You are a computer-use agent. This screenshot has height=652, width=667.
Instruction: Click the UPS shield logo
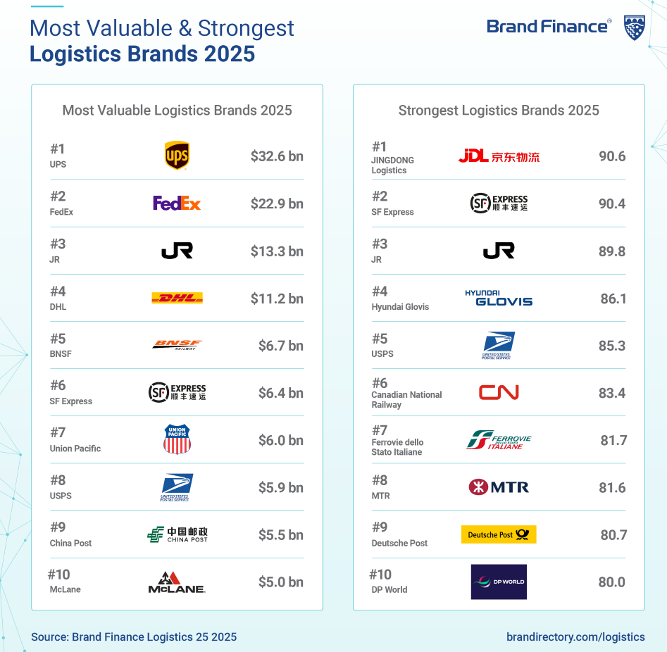[177, 156]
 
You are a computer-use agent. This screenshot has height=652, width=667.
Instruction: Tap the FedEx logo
[177, 203]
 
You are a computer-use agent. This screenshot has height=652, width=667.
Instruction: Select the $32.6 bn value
[277, 156]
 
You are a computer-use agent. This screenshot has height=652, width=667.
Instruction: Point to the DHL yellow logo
[177, 299]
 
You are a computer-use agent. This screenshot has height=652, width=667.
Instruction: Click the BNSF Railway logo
[177, 345]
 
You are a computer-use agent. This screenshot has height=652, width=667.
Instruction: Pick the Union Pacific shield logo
[177, 439]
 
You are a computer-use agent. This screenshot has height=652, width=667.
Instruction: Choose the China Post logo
[177, 534]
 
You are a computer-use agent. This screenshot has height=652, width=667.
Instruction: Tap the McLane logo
[177, 582]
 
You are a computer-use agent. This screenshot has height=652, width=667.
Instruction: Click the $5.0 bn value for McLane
[280, 582]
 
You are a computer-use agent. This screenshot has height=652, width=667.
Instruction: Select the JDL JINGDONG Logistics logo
[499, 156]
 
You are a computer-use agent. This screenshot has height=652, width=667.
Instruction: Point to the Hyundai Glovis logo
[499, 298]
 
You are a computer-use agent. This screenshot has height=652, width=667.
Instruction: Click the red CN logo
[499, 392]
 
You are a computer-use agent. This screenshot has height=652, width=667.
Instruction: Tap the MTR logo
[499, 487]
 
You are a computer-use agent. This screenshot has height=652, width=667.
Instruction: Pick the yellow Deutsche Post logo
[499, 535]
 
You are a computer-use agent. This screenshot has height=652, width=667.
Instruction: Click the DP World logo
[499, 582]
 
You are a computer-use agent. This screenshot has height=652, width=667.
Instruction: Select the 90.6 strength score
[612, 156]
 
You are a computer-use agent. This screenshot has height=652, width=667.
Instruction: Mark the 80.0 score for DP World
[612, 582]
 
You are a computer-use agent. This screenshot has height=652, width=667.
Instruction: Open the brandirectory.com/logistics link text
[575, 637]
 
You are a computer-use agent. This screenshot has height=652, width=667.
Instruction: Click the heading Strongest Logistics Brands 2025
[499, 111]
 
